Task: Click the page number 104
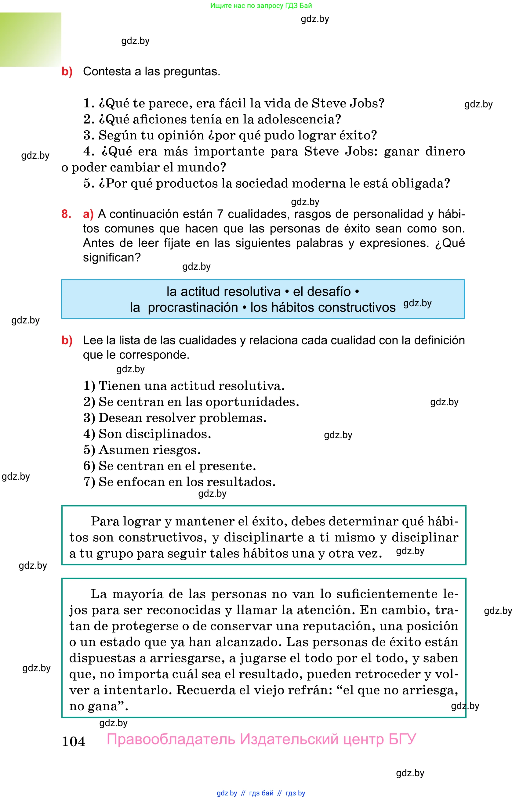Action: tap(73, 741)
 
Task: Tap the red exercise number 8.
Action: tap(66, 214)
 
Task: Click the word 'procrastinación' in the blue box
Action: tap(193, 308)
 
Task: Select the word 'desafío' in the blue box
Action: tap(321, 291)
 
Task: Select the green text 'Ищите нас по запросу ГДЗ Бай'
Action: tap(261, 5)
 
